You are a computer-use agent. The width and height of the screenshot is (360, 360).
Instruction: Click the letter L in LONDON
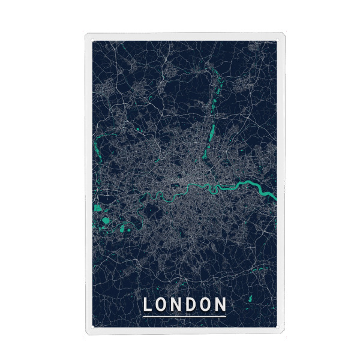coord(148,305)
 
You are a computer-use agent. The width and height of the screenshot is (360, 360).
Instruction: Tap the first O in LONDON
coord(164,305)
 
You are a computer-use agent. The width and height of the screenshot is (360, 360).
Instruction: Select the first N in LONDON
coord(179,305)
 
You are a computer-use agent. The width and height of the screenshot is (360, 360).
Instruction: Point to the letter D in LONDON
coord(193,305)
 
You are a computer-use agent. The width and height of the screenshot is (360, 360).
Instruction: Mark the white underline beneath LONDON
coord(184,315)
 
